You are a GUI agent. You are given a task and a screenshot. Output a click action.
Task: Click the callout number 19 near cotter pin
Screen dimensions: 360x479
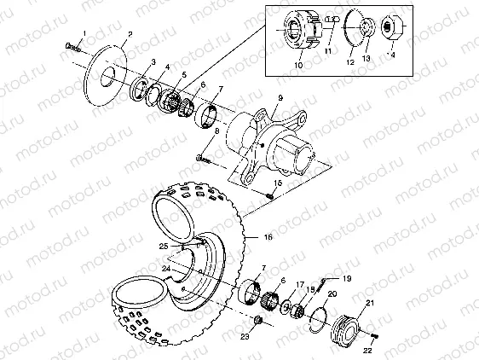[x=347, y=278]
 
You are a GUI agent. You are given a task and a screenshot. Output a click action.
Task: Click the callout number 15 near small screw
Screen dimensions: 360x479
[x=278, y=183]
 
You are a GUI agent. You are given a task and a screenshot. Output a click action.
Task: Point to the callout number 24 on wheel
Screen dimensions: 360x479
[x=167, y=268]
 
